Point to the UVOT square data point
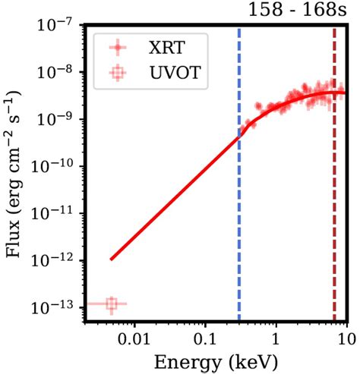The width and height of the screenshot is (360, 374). tap(112, 304)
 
